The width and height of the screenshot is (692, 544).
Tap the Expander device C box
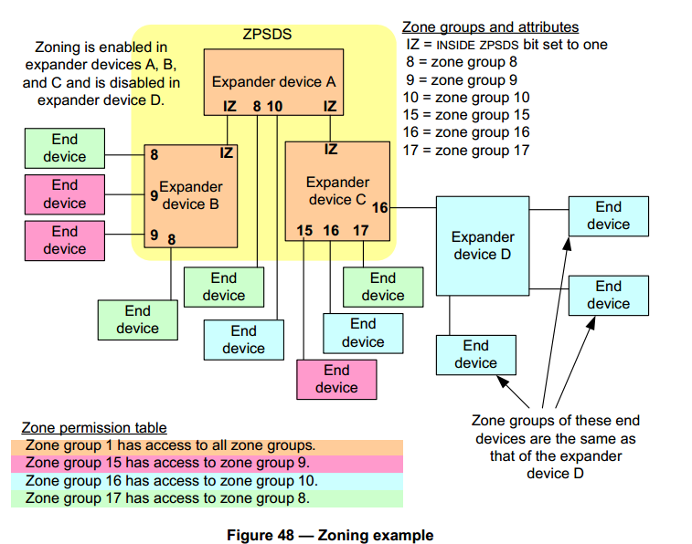tap(337, 191)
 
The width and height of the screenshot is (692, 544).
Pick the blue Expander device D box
tap(482, 246)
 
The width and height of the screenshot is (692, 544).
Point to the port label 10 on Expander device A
tap(274, 107)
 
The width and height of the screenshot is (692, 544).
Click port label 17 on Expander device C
tap(360, 231)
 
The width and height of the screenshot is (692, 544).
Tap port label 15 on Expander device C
tap(305, 231)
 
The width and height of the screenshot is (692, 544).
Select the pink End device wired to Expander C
tap(336, 379)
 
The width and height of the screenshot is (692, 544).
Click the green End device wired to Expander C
tap(383, 287)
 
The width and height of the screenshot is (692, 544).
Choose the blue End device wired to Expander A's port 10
tap(243, 340)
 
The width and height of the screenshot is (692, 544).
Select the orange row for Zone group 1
tap(207, 445)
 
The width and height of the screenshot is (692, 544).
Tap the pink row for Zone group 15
tap(207, 463)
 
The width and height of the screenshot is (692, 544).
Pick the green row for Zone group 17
tap(207, 497)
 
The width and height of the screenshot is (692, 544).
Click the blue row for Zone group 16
tap(207, 480)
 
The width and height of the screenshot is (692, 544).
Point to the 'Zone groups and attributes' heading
tap(490, 27)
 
